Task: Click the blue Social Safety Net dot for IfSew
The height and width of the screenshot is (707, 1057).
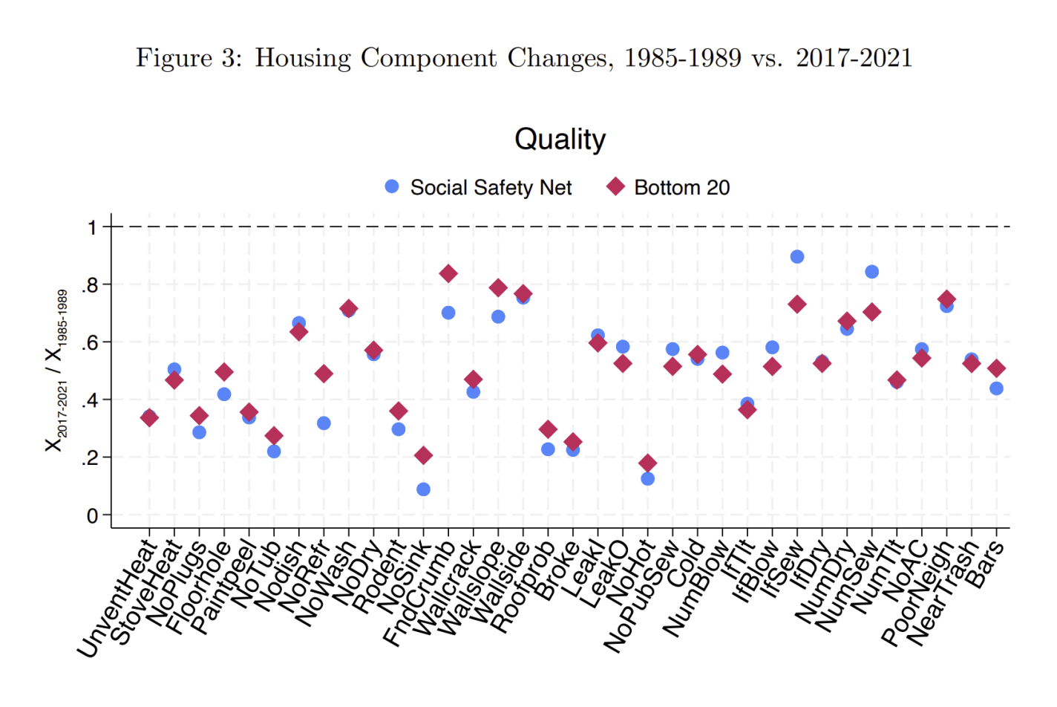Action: pyautogui.click(x=797, y=257)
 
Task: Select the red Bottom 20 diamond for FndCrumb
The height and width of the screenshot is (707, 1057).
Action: pyautogui.click(x=448, y=274)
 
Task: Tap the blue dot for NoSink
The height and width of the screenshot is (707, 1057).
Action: pyautogui.click(x=423, y=489)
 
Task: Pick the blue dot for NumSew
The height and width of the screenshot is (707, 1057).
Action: pyautogui.click(x=872, y=272)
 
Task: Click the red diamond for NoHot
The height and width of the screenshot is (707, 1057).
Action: pyautogui.click(x=647, y=463)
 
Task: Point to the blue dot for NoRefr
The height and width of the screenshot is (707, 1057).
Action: pyautogui.click(x=324, y=423)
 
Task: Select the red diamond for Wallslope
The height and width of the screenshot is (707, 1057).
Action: pyautogui.click(x=498, y=288)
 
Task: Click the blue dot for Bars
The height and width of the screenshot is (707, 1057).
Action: pyautogui.click(x=996, y=388)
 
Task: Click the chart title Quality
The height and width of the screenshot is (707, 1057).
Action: pyautogui.click(x=560, y=140)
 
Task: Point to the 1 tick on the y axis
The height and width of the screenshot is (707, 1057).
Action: pyautogui.click(x=92, y=227)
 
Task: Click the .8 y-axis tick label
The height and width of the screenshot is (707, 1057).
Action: pyautogui.click(x=90, y=285)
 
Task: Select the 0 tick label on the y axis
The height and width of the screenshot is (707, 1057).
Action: pyautogui.click(x=92, y=515)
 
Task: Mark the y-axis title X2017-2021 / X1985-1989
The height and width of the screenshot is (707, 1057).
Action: pyautogui.click(x=56, y=370)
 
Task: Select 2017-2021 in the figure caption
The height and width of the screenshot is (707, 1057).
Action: pyautogui.click(x=854, y=58)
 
